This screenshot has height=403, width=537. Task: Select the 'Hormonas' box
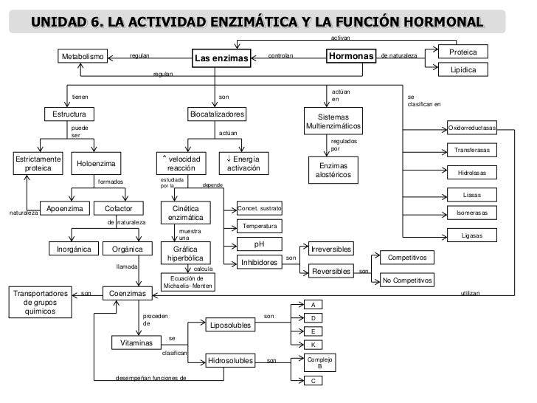[350, 56]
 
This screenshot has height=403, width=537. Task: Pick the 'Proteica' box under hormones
[468, 52]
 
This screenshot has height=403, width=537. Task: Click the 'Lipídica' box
[468, 69]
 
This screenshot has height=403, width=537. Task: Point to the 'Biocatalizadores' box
[218, 115]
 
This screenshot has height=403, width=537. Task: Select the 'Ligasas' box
[472, 235]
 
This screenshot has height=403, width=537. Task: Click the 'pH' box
[258, 244]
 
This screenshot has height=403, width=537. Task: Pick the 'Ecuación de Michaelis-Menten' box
[187, 282]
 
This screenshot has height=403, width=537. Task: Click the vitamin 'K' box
[313, 345]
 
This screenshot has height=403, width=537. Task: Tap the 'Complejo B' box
[319, 362]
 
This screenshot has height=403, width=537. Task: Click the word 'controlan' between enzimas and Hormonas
[280, 55]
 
